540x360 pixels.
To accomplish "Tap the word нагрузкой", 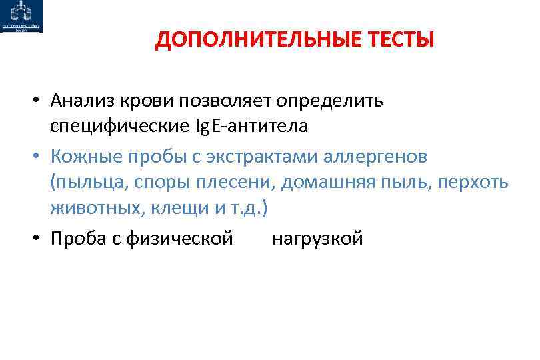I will point(317,239).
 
